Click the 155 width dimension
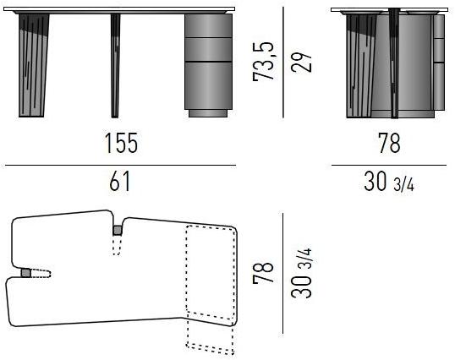(x=121, y=143)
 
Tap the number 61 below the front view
(x=120, y=181)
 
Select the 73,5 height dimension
(x=263, y=61)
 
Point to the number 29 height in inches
(x=301, y=62)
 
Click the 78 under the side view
(x=390, y=143)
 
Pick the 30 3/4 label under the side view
(x=389, y=182)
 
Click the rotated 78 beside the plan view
(x=263, y=272)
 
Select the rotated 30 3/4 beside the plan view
(x=301, y=273)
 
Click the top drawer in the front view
(x=208, y=25)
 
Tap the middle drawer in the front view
(x=208, y=50)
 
